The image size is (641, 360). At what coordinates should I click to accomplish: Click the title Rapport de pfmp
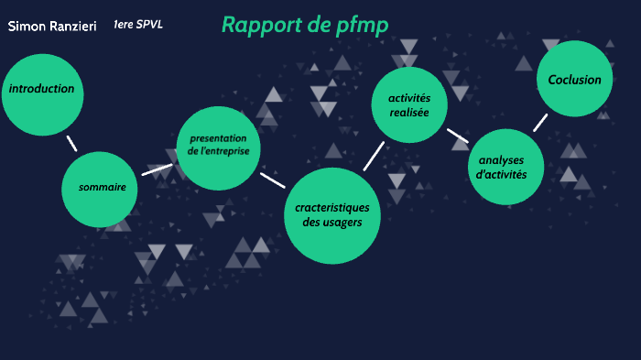point(305,25)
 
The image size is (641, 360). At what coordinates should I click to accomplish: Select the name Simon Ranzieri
point(46,27)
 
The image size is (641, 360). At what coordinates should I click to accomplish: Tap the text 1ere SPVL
point(138,24)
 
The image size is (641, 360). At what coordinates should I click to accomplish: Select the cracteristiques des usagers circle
point(331,215)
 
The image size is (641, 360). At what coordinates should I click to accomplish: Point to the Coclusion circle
point(574,80)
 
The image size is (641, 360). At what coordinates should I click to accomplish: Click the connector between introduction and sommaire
point(71,143)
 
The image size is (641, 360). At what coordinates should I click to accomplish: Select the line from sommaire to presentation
point(157,169)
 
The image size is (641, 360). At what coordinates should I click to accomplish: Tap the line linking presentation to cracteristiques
point(272,180)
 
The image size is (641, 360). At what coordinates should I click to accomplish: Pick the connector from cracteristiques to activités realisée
point(374,155)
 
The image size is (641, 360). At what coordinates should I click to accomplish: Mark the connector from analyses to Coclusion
point(540,123)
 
